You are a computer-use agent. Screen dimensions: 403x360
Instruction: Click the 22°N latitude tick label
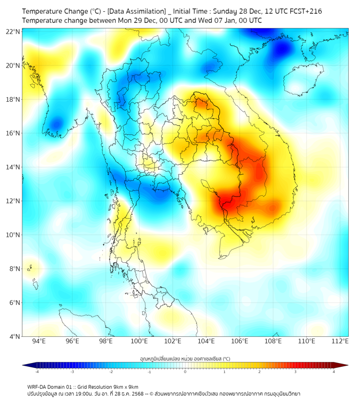13,31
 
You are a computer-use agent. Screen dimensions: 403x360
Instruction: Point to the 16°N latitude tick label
13,133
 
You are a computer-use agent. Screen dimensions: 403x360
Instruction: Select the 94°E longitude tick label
39,341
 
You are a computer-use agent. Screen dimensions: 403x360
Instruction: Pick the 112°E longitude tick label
340,341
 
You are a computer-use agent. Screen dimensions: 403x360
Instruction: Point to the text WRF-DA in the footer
38,386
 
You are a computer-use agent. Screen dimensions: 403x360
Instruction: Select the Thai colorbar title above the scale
185,358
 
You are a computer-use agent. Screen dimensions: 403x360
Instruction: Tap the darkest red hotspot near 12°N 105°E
226,201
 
